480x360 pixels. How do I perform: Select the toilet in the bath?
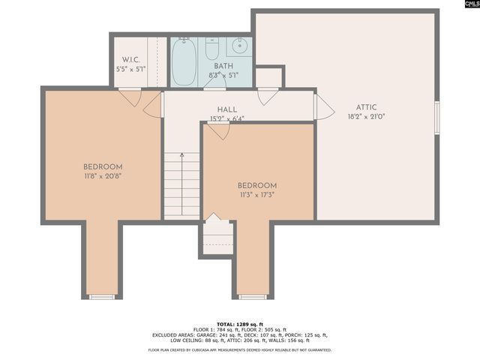pyautogui.click(x=212, y=48)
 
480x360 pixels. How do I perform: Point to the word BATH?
pyautogui.click(x=223, y=67)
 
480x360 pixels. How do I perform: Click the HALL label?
pyautogui.click(x=227, y=109)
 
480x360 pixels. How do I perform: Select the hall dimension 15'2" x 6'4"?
pyautogui.click(x=227, y=118)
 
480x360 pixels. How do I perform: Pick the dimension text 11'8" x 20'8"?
pyautogui.click(x=103, y=175)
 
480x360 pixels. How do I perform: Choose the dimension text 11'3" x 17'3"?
pyautogui.click(x=257, y=195)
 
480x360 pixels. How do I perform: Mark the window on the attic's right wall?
pyautogui.click(x=436, y=118)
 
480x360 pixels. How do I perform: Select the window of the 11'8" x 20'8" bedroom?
pyautogui.click(x=102, y=297)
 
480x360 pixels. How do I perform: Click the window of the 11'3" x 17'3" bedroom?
pyautogui.click(x=253, y=297)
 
